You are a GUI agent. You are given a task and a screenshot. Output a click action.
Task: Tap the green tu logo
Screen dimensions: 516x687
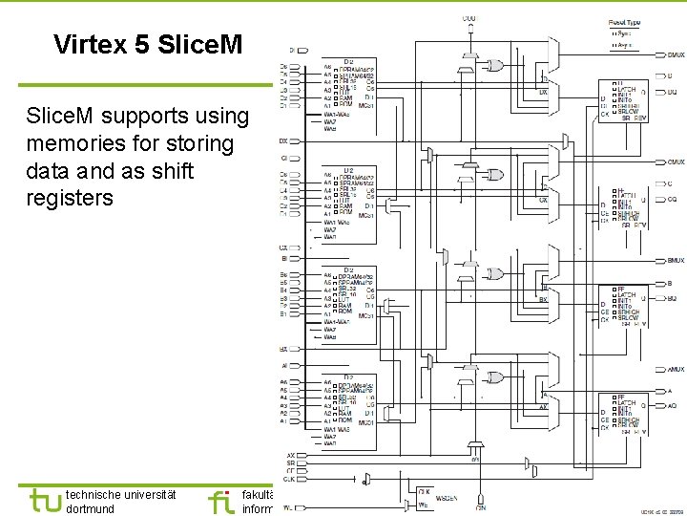coord(45,500)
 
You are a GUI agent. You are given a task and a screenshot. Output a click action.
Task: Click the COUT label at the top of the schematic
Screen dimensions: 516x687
coord(469,17)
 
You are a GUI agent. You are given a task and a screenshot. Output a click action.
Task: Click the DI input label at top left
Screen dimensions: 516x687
coord(291,50)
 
